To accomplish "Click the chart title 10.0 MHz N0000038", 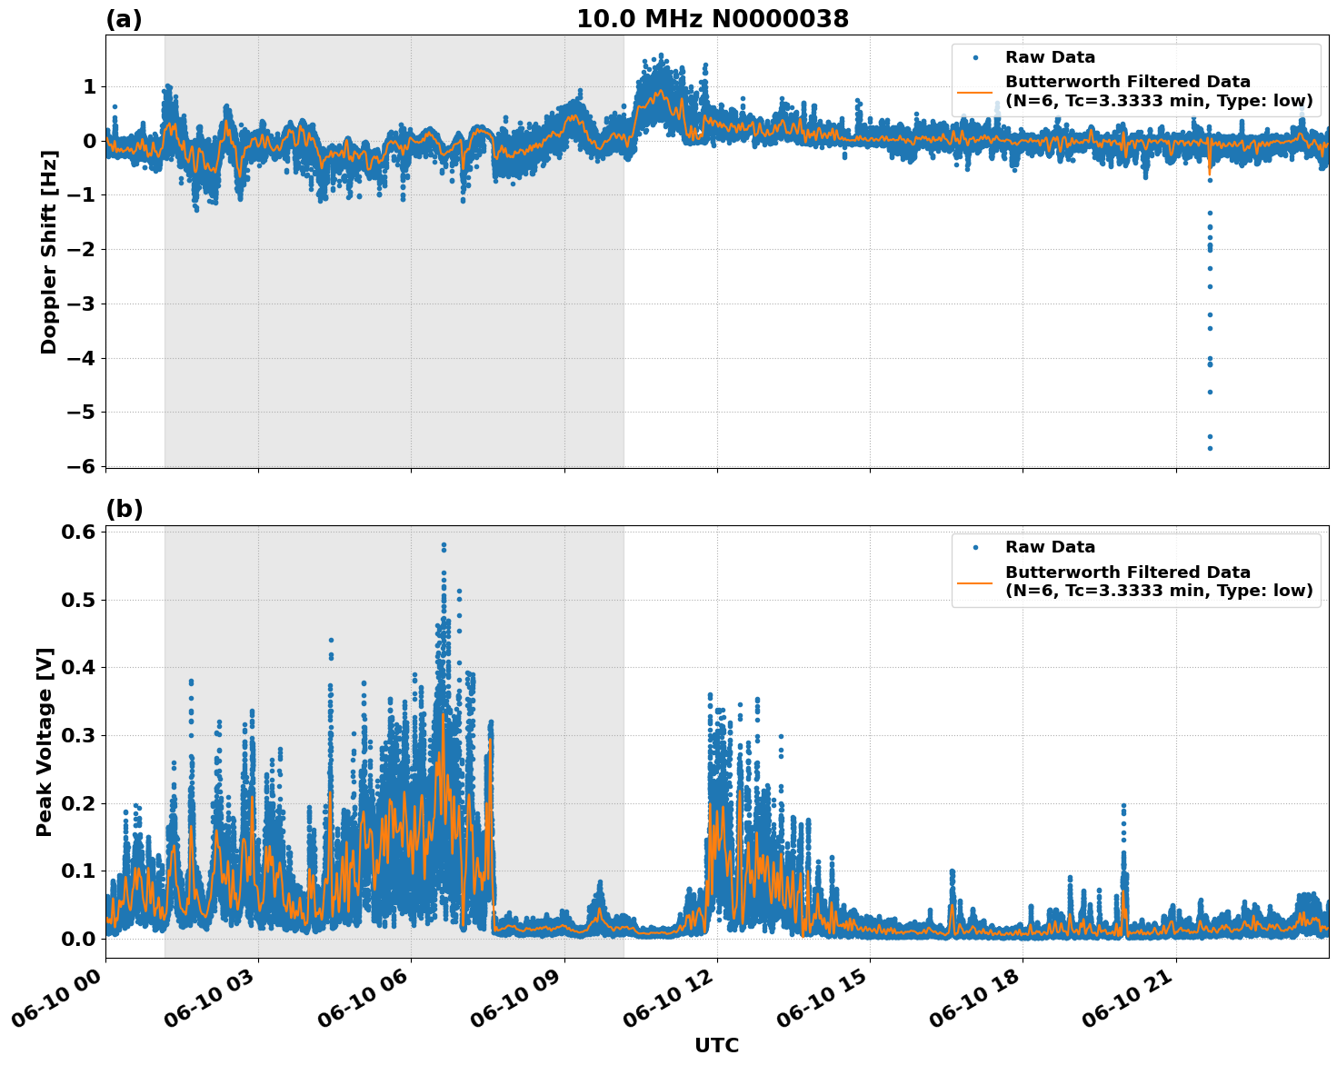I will (713, 19).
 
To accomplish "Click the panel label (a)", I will (124, 19).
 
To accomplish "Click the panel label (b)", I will (124, 509).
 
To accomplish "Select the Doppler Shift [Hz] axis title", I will (49, 252).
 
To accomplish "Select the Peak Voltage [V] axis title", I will (45, 742).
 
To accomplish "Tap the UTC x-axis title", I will (716, 1045).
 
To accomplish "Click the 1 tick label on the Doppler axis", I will (89, 86).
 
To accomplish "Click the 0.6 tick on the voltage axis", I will (79, 532).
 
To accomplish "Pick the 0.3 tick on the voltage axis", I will (79, 735).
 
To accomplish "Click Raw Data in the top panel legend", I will (1050, 57).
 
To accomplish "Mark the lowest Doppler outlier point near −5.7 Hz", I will (1210, 448).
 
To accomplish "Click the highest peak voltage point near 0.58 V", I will (444, 545).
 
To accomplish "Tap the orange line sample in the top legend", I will (974, 92).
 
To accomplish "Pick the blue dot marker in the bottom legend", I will (974, 548).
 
